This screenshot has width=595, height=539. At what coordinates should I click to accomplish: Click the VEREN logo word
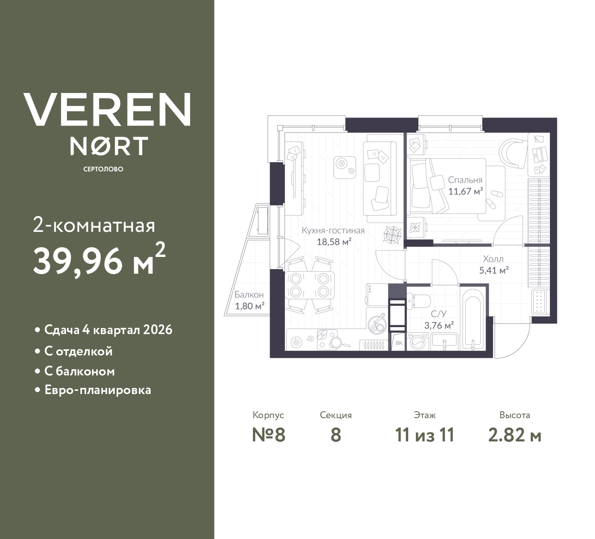coord(107,109)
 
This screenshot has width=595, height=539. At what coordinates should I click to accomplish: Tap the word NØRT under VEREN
coord(109,146)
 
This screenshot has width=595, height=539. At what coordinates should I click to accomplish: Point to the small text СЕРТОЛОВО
coord(103,169)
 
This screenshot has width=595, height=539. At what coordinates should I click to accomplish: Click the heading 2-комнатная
coord(94,226)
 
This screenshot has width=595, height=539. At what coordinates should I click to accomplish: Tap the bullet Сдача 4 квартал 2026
coord(108,330)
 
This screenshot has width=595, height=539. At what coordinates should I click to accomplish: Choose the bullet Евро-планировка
coord(98,390)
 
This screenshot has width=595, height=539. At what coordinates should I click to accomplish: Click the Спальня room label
coord(465,180)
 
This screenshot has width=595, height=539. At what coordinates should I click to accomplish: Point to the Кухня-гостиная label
coord(333,230)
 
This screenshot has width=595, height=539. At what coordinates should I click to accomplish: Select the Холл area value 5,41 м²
coord(493,270)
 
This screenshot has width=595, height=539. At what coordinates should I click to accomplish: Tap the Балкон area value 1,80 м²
coord(249,306)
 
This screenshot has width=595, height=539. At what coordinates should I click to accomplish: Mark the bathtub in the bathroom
coord(472,319)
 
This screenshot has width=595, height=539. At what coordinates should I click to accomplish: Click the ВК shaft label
coord(398,343)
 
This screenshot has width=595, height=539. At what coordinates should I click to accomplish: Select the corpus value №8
coord(268,435)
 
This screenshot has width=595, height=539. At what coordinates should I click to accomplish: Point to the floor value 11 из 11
coord(424,435)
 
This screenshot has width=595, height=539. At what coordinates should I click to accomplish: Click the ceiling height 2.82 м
coord(515,435)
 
